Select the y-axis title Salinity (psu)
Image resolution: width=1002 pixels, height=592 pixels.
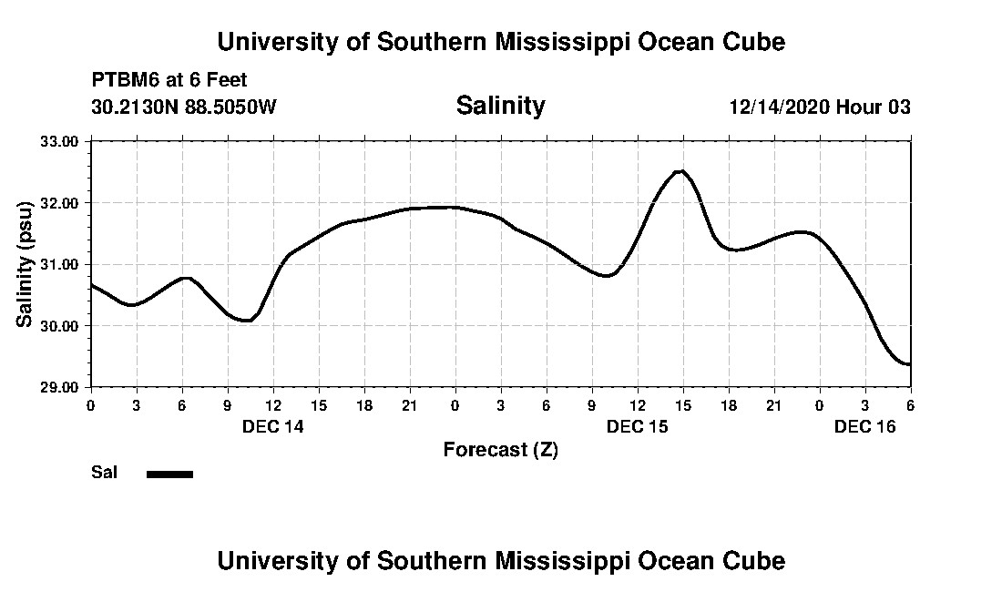(25, 264)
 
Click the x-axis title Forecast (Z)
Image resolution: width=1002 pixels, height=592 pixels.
(500, 449)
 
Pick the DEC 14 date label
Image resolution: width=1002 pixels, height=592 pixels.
(272, 426)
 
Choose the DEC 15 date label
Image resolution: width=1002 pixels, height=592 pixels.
(638, 426)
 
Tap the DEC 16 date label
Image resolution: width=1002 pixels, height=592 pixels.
(865, 426)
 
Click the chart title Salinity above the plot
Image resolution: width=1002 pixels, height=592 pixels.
(500, 106)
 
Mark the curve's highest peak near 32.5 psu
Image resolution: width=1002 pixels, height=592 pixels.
(680, 170)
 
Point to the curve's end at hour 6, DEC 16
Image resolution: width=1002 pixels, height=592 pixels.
(908, 364)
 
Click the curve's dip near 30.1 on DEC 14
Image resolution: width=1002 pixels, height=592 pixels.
(246, 321)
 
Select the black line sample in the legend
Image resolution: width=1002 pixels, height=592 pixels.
(170, 474)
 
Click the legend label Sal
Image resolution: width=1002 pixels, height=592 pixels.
(104, 473)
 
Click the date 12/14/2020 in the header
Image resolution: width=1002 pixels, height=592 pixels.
(780, 107)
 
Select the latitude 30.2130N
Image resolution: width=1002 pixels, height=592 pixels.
(133, 107)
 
